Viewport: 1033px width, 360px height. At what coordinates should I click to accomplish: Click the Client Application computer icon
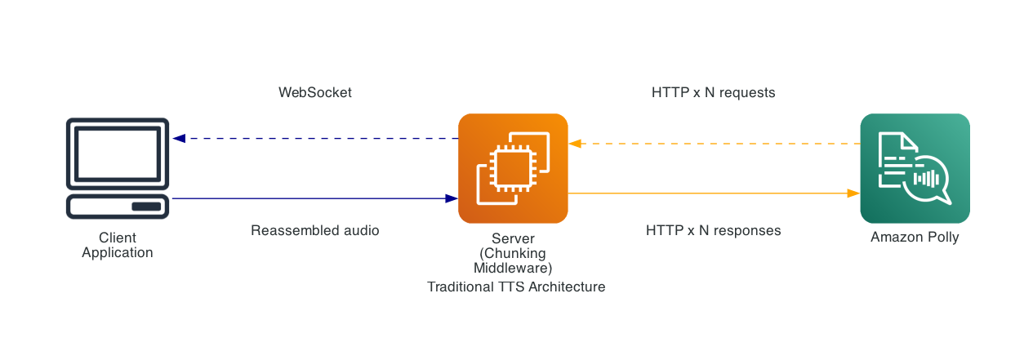point(118,168)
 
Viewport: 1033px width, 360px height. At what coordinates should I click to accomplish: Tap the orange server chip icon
point(513,168)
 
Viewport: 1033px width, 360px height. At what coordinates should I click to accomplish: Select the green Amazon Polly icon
point(915,168)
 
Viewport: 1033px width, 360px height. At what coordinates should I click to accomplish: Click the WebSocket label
point(315,93)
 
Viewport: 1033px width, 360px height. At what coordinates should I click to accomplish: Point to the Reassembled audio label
point(315,231)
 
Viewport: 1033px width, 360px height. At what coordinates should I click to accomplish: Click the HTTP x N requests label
point(713,93)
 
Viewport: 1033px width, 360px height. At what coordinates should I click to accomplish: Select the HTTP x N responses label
point(713,231)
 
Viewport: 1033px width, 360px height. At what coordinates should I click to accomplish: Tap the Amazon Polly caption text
point(915,238)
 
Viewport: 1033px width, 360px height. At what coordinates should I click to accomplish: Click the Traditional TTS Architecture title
point(516,287)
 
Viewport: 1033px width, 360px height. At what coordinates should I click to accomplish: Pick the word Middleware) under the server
point(513,268)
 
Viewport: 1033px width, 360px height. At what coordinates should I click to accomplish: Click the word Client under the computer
point(118,238)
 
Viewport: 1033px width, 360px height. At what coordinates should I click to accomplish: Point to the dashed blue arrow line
point(318,139)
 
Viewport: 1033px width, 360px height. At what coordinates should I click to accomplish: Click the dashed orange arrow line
point(715,144)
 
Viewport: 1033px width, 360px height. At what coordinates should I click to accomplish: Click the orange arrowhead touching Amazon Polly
point(853,193)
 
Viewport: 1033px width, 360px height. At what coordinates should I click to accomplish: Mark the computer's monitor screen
point(118,153)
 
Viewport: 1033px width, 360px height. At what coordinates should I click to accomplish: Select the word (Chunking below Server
point(513,253)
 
